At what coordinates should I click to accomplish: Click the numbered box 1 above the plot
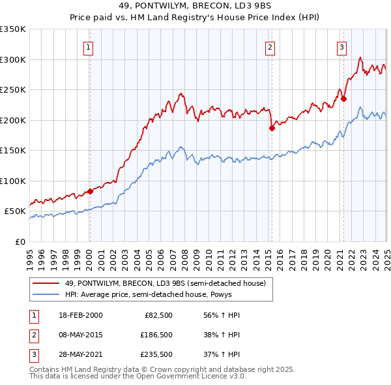click(88, 46)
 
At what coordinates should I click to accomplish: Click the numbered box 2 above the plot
click(270, 46)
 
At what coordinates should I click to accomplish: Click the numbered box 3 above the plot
click(341, 46)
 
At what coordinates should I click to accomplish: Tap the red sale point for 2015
click(272, 129)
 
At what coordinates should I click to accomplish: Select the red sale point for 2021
click(344, 99)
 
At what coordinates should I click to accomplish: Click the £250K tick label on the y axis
click(13, 90)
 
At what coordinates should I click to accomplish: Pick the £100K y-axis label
click(13, 181)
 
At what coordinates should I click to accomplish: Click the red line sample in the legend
click(46, 284)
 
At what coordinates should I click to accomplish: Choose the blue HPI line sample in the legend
click(46, 295)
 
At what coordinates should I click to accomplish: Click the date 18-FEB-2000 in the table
click(80, 315)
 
